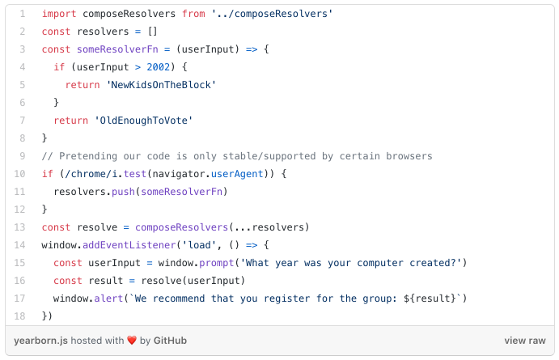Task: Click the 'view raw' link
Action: coord(524,341)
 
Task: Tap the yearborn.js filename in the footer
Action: coord(40,341)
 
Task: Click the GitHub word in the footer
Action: coord(171,341)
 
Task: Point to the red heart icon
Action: coord(132,341)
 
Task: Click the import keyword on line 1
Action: coord(59,15)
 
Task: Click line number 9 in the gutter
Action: coord(22,156)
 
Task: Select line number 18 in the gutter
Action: coord(20,316)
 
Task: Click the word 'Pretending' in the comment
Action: coord(88,156)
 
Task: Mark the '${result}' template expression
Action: coord(434,299)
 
